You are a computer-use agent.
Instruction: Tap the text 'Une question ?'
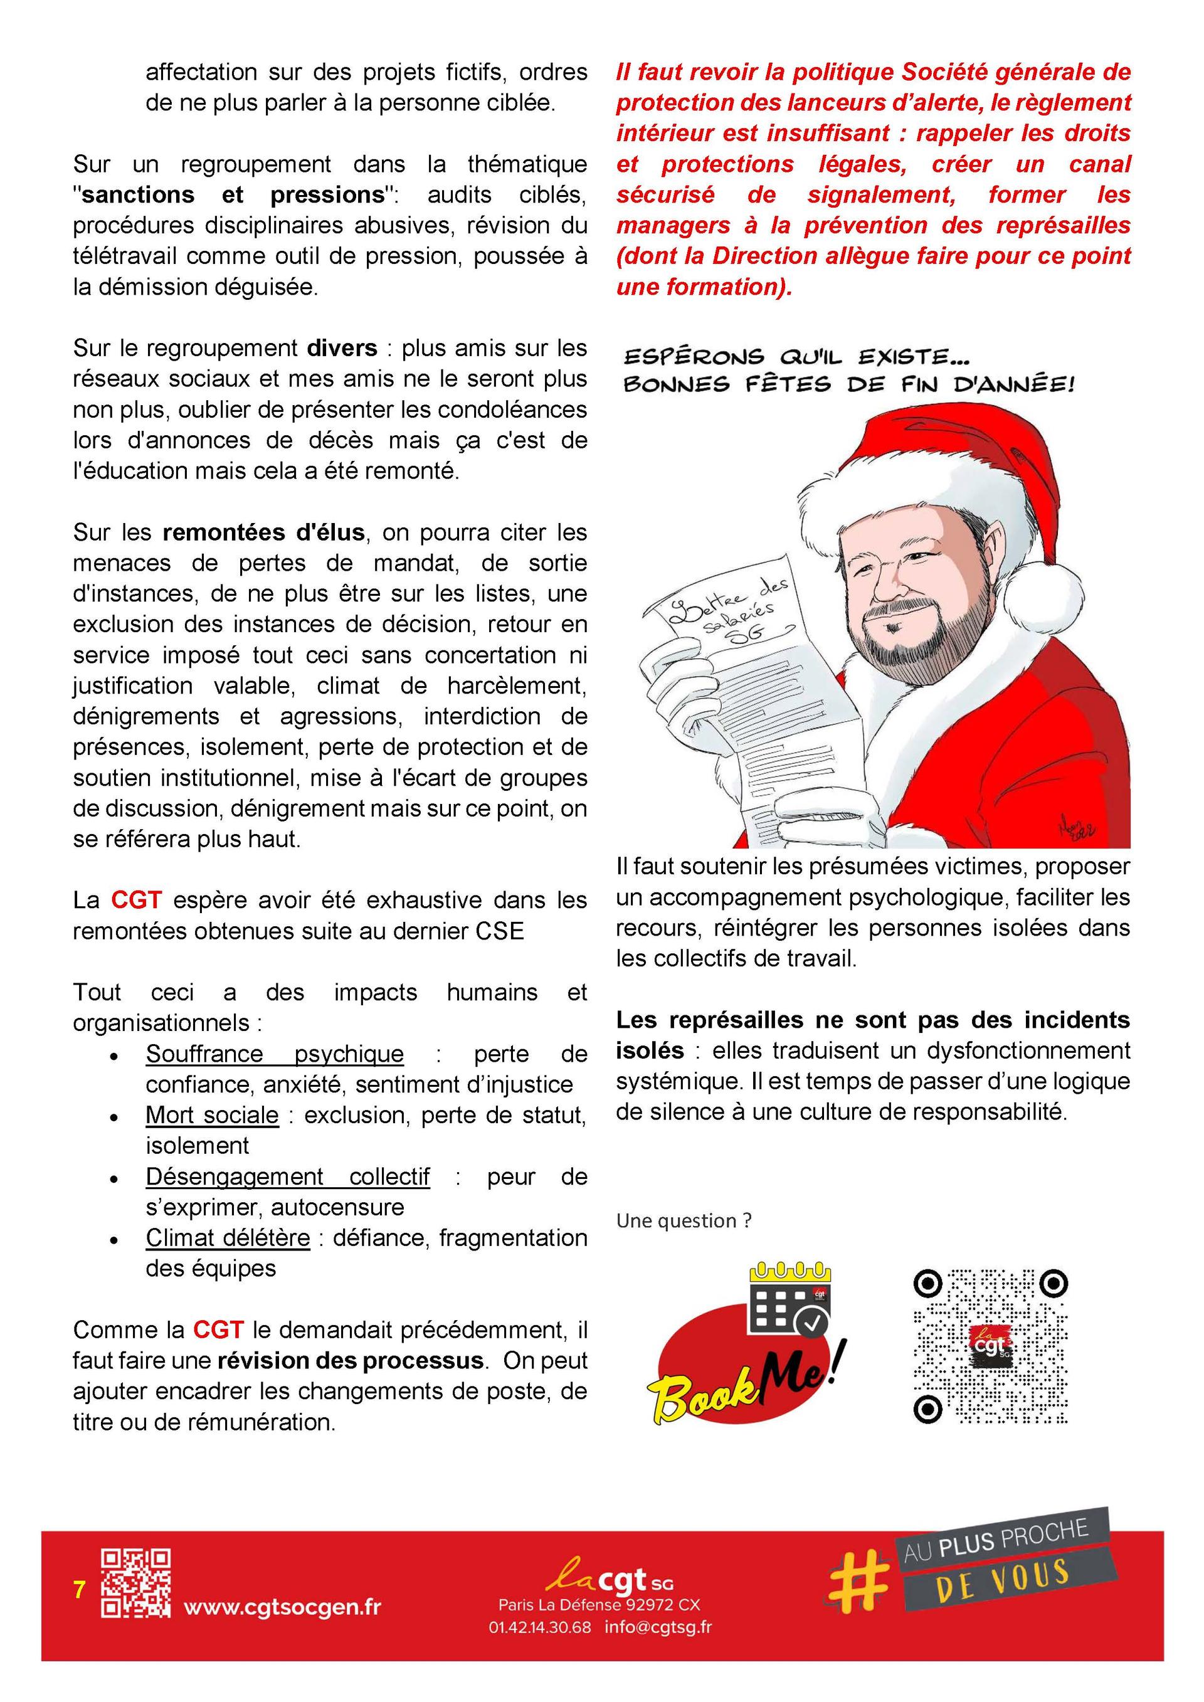point(684,1221)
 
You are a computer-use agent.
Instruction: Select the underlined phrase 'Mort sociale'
point(212,1115)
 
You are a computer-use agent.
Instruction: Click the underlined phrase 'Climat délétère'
point(228,1238)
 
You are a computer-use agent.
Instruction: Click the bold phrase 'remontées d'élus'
point(263,532)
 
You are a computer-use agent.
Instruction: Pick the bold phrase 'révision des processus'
point(350,1361)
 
